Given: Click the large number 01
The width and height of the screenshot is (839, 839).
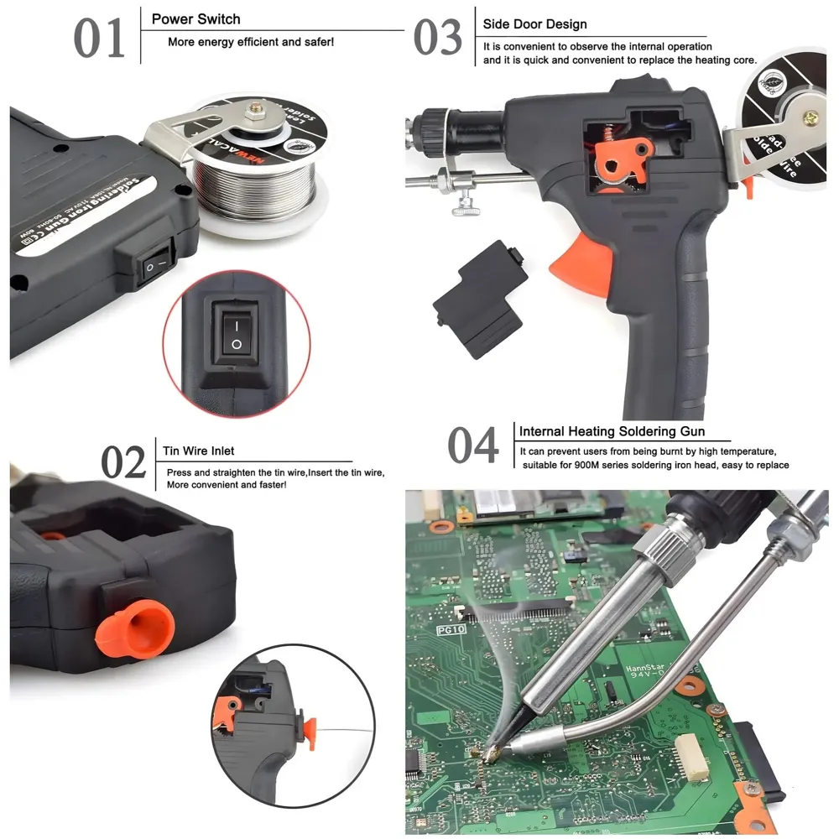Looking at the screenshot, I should [100, 39].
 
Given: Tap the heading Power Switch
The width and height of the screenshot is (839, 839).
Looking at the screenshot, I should [195, 18].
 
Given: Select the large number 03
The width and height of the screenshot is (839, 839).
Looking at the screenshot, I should [437, 39].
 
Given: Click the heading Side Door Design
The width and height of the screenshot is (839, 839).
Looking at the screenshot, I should [534, 24].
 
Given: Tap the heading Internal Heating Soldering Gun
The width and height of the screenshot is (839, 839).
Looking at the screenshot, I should [612, 432].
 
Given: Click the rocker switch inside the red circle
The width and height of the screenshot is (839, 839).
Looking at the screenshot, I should [237, 333].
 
